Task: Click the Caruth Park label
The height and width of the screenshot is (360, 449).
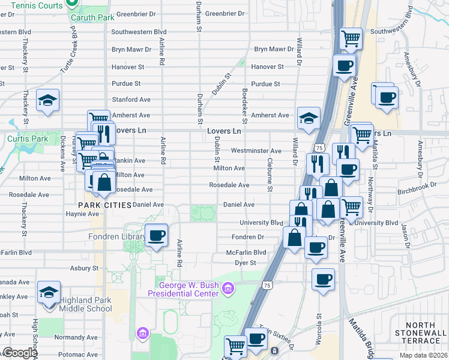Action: tap(91, 17)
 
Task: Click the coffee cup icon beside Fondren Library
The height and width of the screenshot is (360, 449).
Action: tap(157, 235)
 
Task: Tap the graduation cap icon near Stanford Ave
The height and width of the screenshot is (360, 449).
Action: tap(47, 100)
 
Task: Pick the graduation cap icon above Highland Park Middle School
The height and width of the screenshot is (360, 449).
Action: tap(49, 292)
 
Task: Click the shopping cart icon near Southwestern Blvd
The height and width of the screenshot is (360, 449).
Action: tap(351, 39)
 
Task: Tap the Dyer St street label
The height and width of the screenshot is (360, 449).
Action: tap(246, 263)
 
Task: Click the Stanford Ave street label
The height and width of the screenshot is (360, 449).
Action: tap(131, 100)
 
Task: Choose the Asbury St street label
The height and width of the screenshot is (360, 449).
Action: tap(83, 268)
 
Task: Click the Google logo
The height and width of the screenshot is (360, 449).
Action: tap(20, 353)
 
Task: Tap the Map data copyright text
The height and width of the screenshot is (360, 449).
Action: tap(424, 355)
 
